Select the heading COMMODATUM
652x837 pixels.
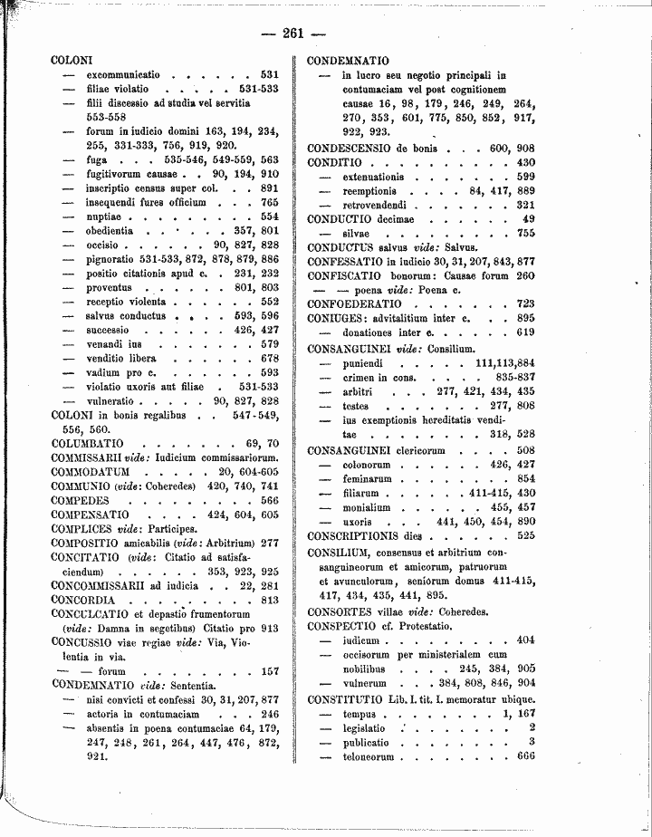pos(91,472)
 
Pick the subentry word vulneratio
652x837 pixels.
pos(113,400)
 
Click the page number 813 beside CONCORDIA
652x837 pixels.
pos(269,600)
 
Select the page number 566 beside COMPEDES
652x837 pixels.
pos(269,500)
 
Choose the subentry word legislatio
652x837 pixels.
pos(364,727)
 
